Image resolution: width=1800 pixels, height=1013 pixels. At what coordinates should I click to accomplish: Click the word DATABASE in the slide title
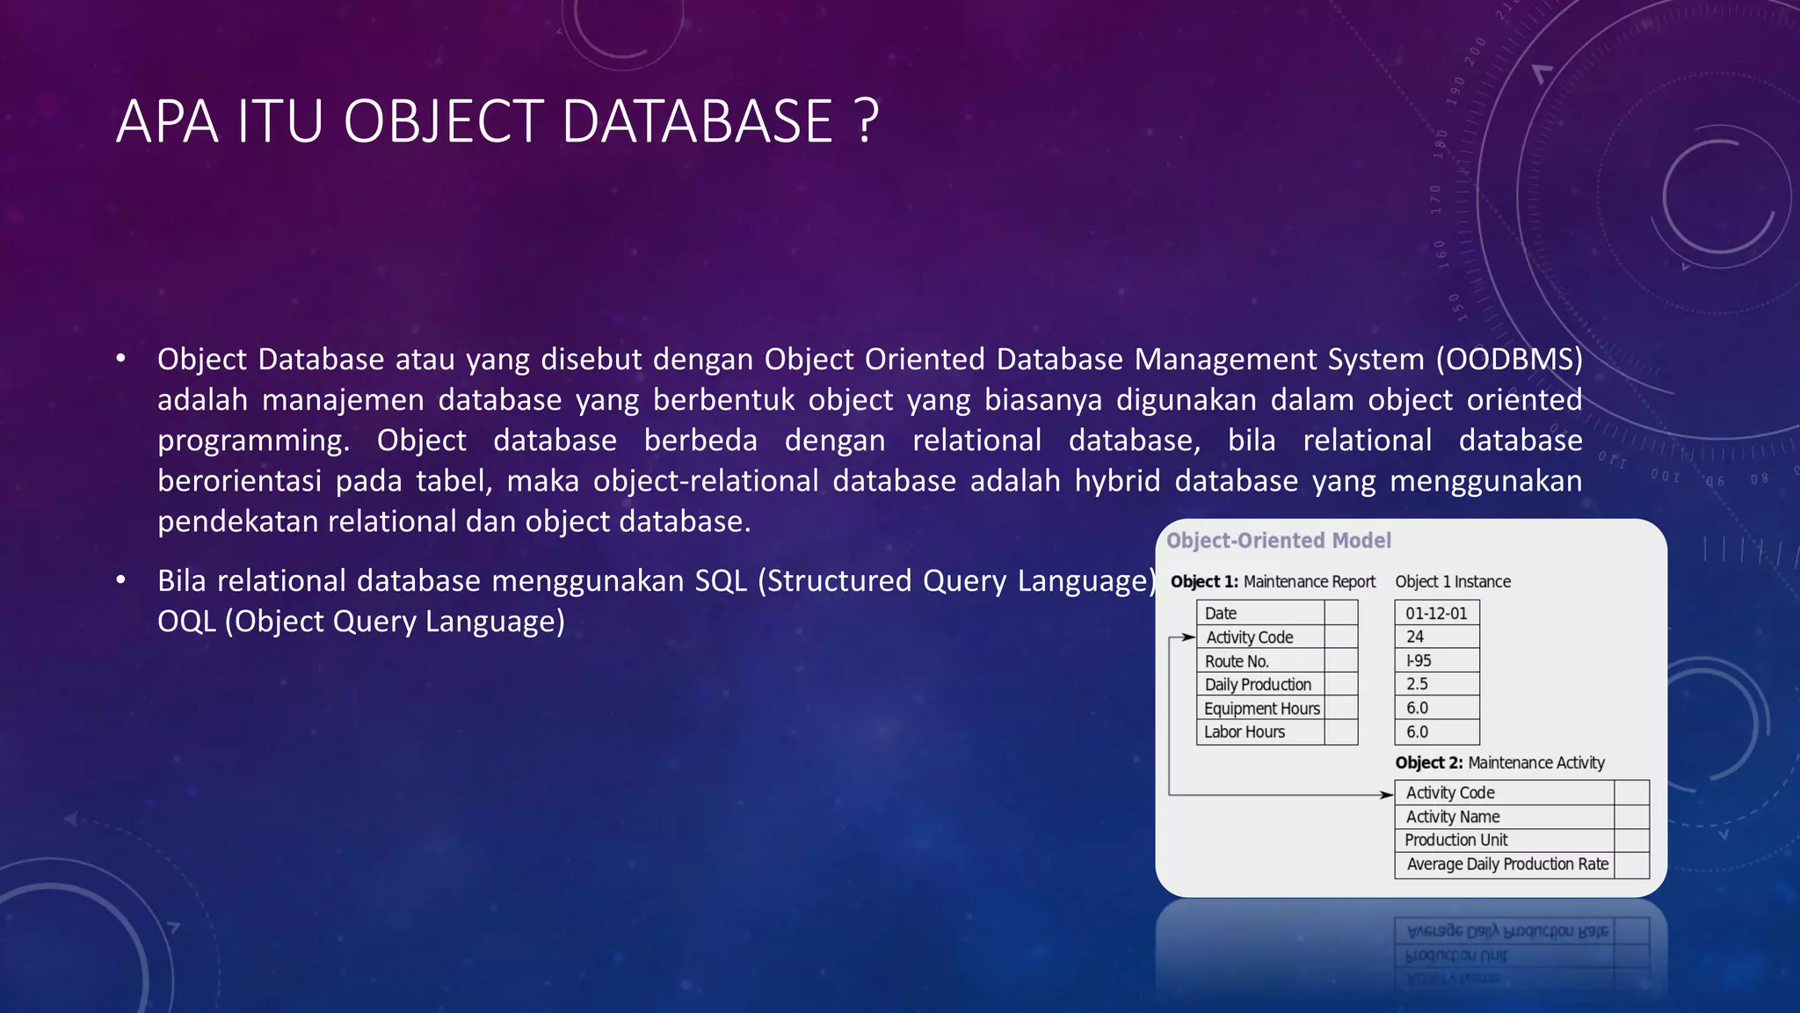coord(697,121)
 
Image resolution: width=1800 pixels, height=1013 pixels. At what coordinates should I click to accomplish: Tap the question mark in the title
coord(866,121)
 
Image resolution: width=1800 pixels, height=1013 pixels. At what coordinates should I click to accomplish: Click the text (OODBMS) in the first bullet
coord(1509,359)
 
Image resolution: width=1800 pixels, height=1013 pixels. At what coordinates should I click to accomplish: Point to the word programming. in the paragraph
coord(253,441)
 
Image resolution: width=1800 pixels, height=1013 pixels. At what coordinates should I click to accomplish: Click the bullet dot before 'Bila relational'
coord(121,580)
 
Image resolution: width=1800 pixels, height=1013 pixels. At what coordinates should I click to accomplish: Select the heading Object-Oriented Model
coord(1278,540)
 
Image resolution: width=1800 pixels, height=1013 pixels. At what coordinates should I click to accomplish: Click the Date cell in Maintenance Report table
coord(1220,613)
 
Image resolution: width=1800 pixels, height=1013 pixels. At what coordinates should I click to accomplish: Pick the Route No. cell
coord(1236,661)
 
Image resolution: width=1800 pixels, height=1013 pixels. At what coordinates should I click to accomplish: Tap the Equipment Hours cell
coord(1261,709)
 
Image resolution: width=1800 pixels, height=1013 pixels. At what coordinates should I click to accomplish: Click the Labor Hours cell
coord(1244,732)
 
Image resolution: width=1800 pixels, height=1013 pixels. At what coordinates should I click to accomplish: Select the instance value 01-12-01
coord(1435,613)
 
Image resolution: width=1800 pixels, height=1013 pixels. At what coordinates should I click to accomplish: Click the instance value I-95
coord(1418,660)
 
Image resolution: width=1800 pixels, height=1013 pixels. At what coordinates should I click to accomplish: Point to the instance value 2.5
coord(1416,684)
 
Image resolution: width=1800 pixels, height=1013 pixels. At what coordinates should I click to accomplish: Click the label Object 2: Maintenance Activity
coord(1499,762)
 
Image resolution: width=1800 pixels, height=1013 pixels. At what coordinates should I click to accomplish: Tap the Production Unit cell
coord(1455,840)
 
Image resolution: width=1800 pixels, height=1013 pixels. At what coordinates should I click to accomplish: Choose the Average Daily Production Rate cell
coord(1506,864)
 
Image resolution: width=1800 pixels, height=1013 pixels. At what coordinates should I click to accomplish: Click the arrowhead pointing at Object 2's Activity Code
coord(1387,795)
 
